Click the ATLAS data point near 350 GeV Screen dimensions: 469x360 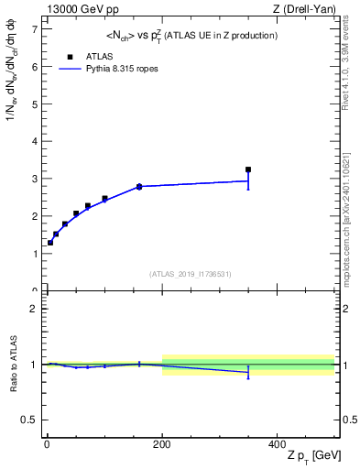[248, 169]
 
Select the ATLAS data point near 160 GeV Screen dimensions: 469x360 [139, 187]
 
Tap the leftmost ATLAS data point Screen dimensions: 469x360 [50, 243]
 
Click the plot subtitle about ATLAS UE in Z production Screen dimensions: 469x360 [191, 35]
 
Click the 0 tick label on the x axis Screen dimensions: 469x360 [47, 443]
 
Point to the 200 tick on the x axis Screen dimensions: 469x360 [162, 443]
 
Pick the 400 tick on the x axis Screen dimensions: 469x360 [278, 443]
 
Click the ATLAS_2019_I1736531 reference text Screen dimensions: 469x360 [191, 274]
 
